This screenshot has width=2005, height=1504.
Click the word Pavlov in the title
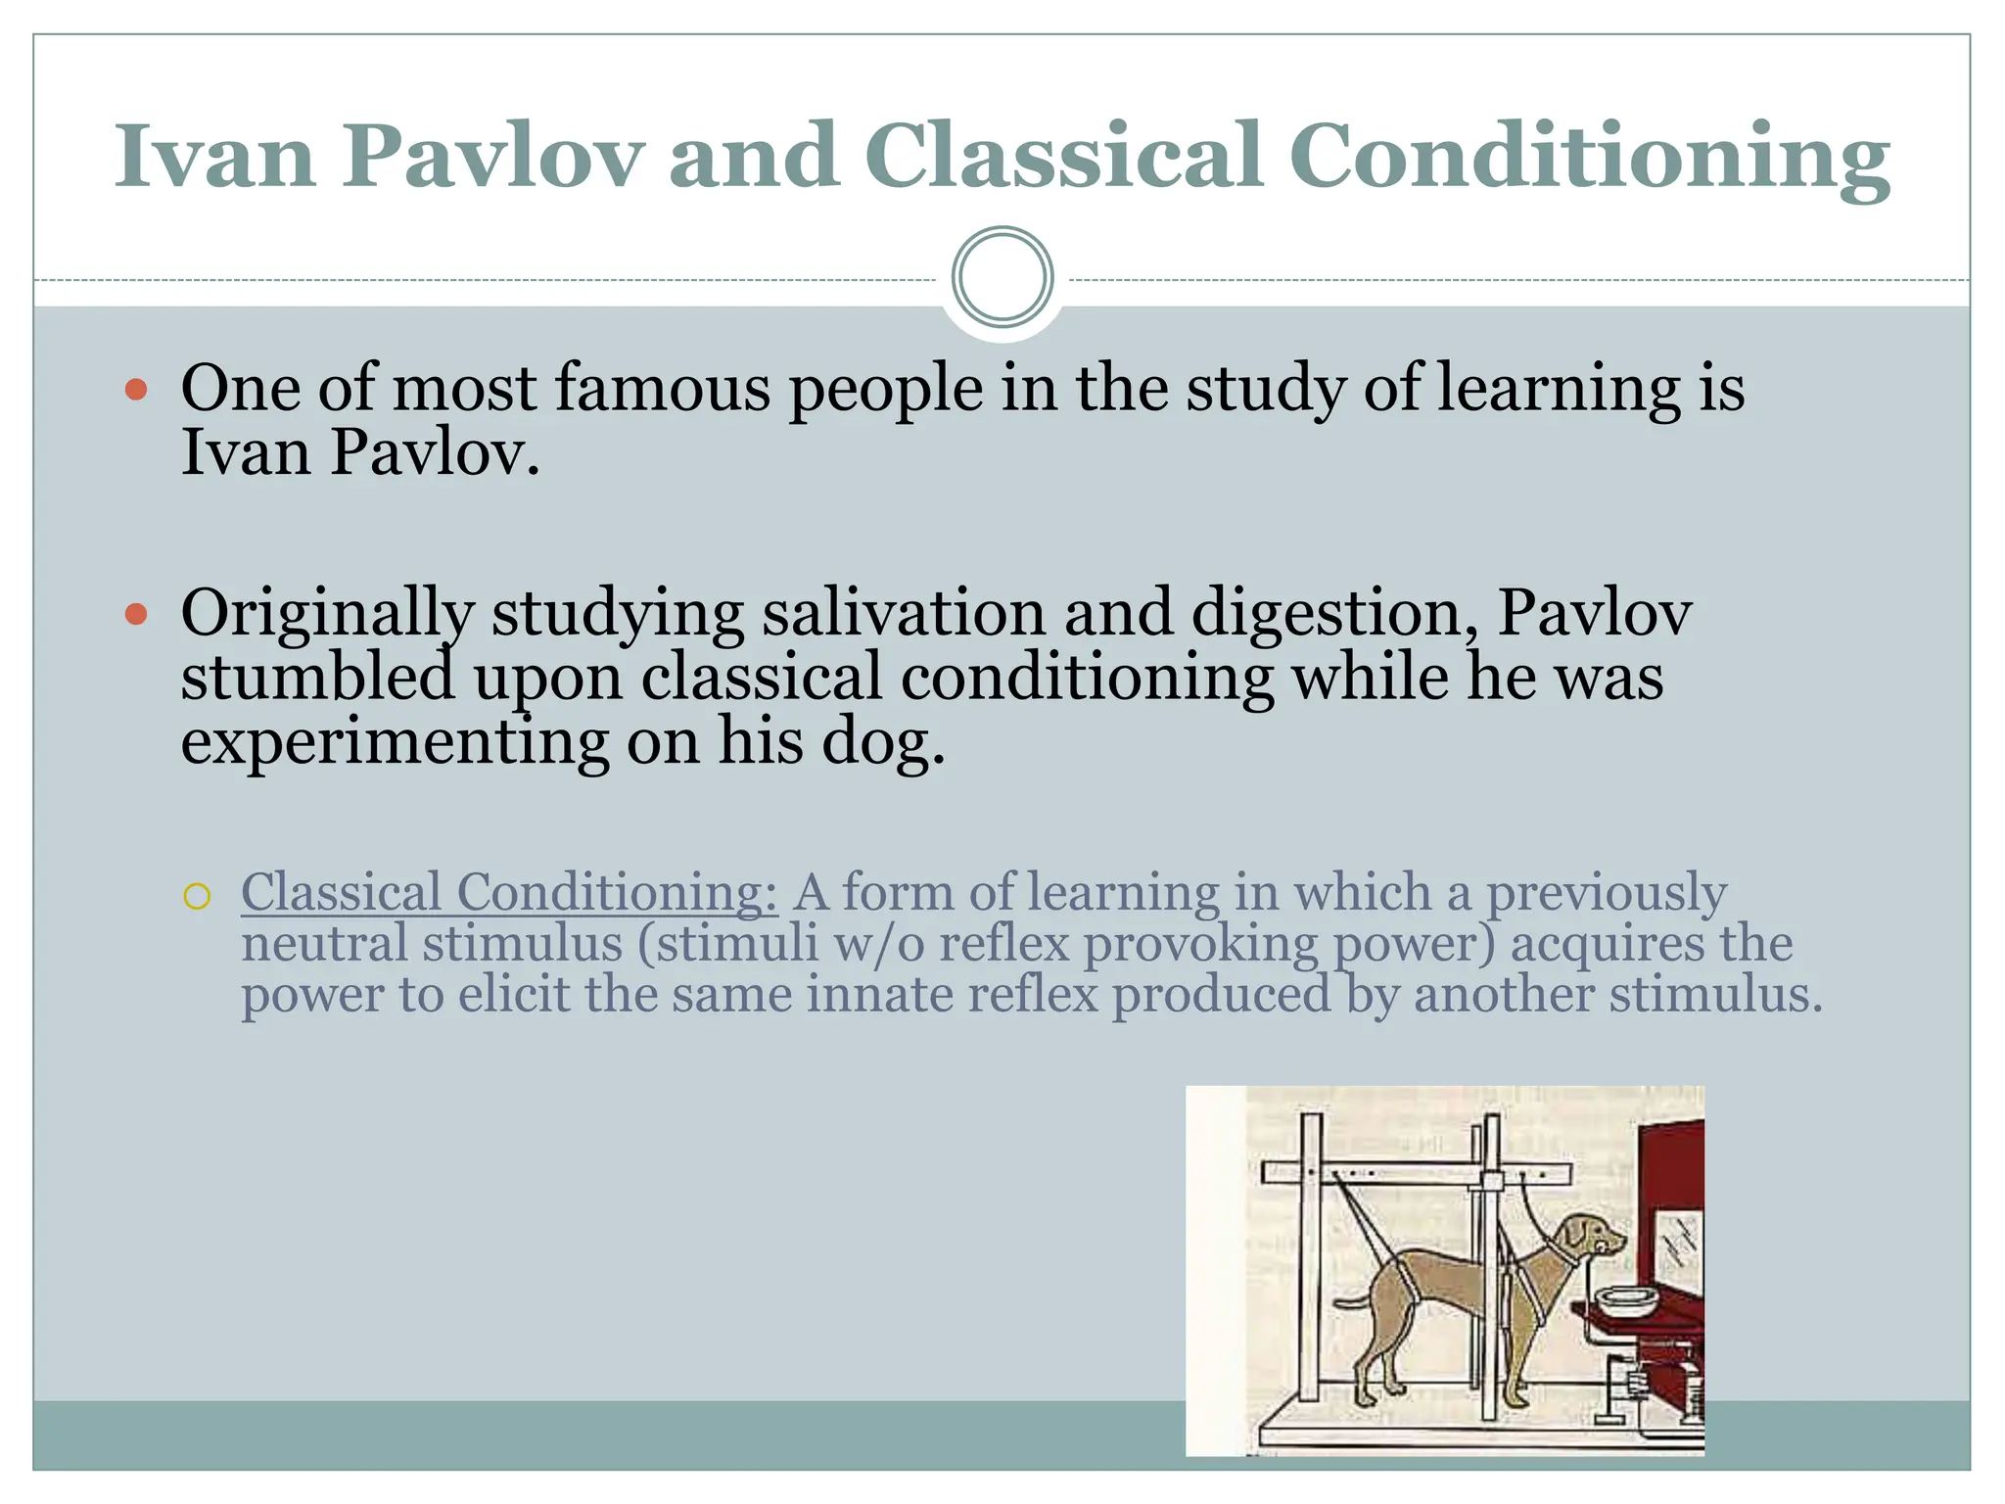click(492, 157)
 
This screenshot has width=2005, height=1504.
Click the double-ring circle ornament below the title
click(1002, 277)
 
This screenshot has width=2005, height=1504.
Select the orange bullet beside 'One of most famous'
click(136, 390)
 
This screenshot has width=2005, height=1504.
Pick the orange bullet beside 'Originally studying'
click(136, 615)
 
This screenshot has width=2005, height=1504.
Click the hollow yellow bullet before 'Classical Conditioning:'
click(197, 896)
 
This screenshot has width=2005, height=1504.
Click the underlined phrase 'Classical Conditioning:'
click(509, 893)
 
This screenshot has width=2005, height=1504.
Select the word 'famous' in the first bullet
click(663, 388)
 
